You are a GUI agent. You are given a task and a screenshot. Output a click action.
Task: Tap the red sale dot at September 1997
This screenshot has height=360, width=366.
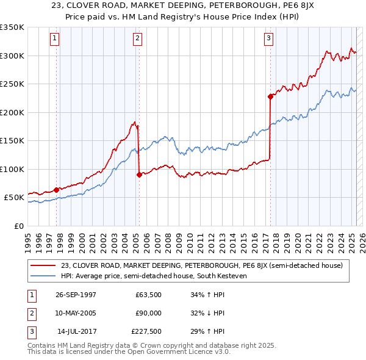[57, 190]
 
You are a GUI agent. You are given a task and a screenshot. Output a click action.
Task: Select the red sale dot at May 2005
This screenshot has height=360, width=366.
[139, 175]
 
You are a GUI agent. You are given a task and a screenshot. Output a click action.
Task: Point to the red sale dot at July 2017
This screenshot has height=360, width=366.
[270, 96]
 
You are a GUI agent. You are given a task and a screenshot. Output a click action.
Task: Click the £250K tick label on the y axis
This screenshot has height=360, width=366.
[12, 84]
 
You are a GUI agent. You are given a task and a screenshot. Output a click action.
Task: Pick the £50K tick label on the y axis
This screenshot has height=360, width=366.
[14, 198]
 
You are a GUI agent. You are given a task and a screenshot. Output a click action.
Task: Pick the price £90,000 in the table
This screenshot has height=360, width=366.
[148, 313]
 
